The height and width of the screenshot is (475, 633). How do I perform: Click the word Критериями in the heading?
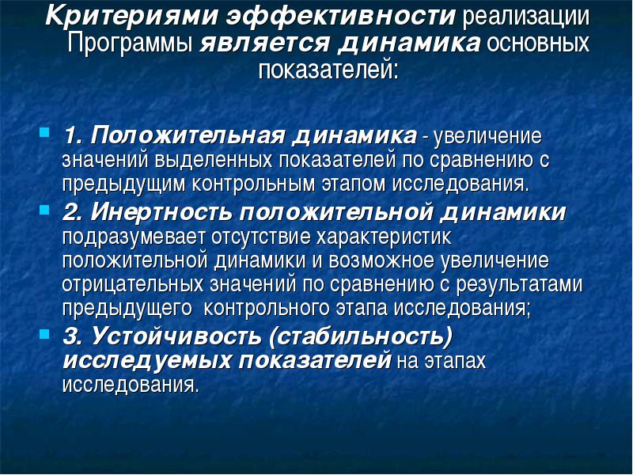(x=131, y=16)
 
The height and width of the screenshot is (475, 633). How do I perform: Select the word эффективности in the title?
(x=341, y=16)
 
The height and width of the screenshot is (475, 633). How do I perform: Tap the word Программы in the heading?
(x=130, y=44)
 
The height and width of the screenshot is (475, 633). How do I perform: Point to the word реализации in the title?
(x=525, y=17)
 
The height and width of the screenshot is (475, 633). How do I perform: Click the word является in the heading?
(x=265, y=44)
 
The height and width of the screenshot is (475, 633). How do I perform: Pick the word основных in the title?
(x=538, y=43)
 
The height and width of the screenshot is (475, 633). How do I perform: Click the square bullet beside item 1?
(x=44, y=132)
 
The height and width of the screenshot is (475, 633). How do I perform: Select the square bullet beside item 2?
(x=44, y=209)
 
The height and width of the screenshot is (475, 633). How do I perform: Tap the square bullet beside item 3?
(x=44, y=333)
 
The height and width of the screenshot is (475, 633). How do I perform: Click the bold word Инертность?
(x=161, y=212)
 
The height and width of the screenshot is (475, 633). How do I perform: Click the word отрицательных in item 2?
(x=133, y=285)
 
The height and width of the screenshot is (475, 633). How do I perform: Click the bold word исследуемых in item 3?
(x=147, y=361)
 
